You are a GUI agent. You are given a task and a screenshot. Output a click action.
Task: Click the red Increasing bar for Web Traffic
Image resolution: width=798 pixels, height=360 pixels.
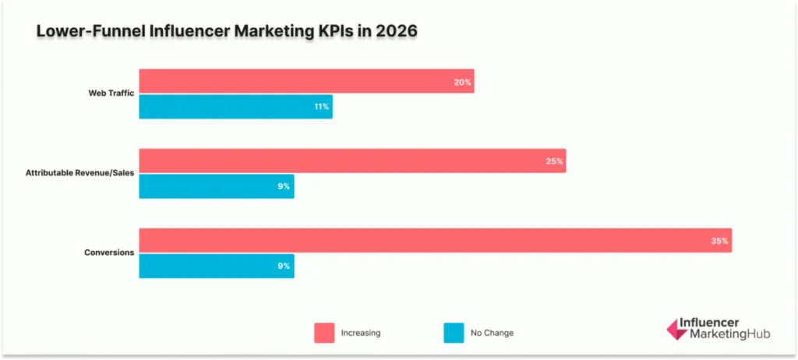point(306,81)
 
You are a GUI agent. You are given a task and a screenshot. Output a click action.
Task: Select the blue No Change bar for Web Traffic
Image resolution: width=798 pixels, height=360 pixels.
point(235,107)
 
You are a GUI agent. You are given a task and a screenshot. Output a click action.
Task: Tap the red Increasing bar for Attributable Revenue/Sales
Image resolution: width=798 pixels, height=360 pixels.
point(352,161)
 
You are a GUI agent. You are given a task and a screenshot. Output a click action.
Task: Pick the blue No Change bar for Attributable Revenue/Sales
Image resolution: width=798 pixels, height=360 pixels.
point(217,186)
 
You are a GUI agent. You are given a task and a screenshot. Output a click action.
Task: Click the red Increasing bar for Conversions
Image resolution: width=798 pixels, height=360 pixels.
point(435,241)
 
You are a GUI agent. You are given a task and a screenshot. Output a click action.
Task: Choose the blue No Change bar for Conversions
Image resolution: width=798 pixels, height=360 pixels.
point(217,266)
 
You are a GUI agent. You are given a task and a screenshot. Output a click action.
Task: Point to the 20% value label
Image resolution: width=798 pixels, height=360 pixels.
point(463,82)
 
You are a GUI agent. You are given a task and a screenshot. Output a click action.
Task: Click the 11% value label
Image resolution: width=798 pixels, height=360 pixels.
point(322,107)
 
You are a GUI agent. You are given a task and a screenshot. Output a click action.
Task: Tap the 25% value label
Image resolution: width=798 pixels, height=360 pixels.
point(555,162)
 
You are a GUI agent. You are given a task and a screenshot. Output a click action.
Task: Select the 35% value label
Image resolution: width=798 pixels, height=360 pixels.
point(719,242)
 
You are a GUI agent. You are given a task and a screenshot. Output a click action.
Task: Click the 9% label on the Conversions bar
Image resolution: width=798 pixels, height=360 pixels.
point(284,266)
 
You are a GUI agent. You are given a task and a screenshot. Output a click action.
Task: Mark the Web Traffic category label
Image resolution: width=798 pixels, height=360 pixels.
point(111,94)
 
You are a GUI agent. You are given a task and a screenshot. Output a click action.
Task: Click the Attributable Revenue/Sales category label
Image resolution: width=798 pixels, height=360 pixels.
point(81,173)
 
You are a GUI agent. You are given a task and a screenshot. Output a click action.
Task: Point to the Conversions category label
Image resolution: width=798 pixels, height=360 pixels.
point(109,253)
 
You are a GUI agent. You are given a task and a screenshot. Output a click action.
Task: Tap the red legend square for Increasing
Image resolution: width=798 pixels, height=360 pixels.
point(324,333)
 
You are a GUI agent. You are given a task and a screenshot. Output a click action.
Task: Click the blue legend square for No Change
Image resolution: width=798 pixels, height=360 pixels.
point(454,333)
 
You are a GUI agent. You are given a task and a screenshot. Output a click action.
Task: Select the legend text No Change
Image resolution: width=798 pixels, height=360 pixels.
point(492,334)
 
